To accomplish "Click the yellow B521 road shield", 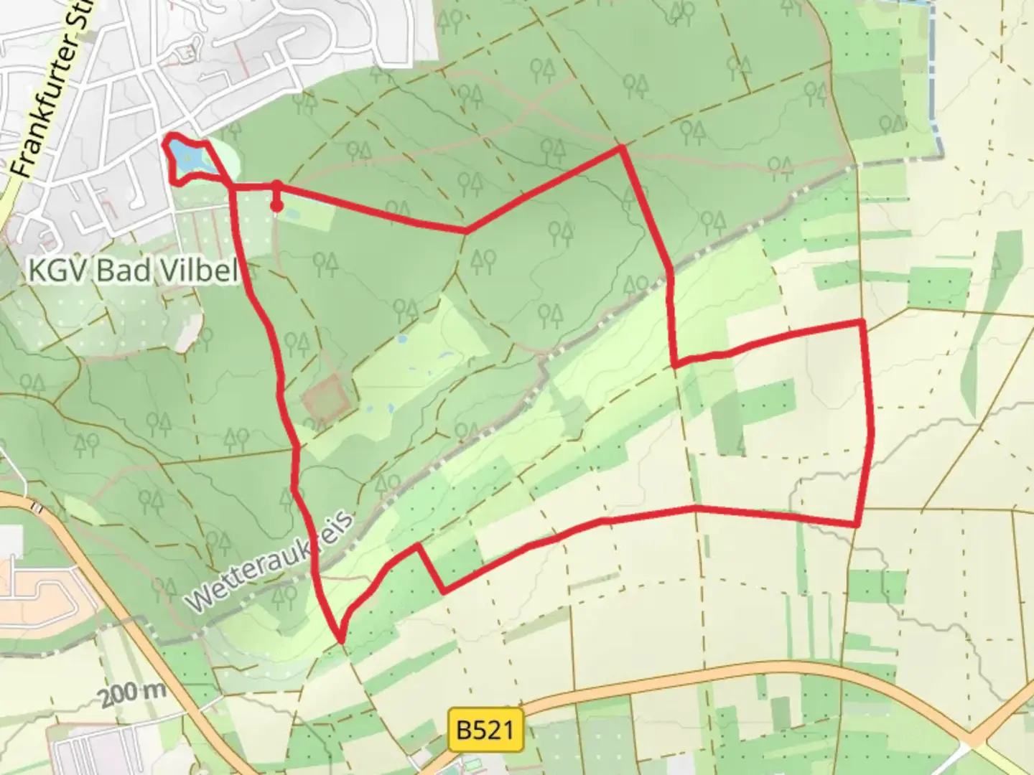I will (485, 731).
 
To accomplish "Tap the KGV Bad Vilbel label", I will (132, 271).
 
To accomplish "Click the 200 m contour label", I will (133, 694).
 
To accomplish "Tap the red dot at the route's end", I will (276, 207).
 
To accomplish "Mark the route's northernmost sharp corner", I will (622, 148).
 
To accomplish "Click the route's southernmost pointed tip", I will (340, 638).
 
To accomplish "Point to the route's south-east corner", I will (857, 525).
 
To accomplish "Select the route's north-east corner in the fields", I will (861, 322).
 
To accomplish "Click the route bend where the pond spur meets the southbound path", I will (233, 188).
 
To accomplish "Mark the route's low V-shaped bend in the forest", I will (467, 231).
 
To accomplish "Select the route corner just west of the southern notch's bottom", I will (417, 546).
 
